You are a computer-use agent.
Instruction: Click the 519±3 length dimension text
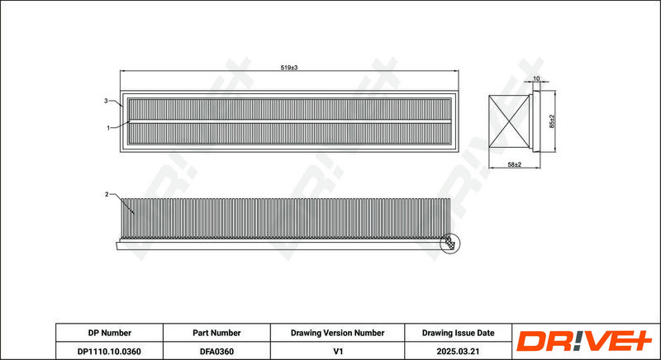tap(288, 68)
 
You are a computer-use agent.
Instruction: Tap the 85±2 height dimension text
tap(552, 121)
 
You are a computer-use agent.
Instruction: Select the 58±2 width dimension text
tap(514, 164)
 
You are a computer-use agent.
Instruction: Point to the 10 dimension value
tap(536, 78)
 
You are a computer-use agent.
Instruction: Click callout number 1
tap(108, 128)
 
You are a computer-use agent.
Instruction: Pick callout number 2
tap(107, 194)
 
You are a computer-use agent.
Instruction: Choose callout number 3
tap(107, 101)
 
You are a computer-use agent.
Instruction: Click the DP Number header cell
tap(110, 333)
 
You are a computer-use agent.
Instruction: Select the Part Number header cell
tap(216, 333)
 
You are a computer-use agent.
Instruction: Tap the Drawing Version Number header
tap(337, 333)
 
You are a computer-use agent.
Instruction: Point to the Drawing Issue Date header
tap(459, 333)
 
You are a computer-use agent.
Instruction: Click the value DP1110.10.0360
tap(110, 351)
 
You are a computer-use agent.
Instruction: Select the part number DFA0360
tap(216, 351)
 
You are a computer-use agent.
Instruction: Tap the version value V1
tap(337, 351)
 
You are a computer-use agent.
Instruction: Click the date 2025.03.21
tap(459, 351)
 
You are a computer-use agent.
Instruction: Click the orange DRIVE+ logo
tap(584, 341)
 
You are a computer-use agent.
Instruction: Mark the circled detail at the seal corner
tap(449, 244)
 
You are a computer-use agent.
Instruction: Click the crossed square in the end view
tap(509, 121)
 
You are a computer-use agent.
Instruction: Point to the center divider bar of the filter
tap(289, 121)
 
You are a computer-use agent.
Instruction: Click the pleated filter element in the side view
tap(285, 218)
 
